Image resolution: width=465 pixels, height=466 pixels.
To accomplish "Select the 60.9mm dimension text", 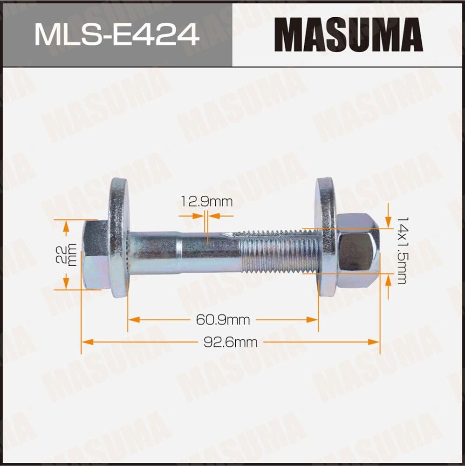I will pos(223,320).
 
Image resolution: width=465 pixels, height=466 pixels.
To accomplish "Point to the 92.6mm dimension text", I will pos(230,342).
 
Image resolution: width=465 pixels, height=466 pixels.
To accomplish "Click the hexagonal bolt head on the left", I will pos(95,254).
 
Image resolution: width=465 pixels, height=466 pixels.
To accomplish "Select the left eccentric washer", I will pos(119,238).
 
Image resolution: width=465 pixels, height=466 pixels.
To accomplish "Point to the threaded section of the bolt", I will pos(280,254).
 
